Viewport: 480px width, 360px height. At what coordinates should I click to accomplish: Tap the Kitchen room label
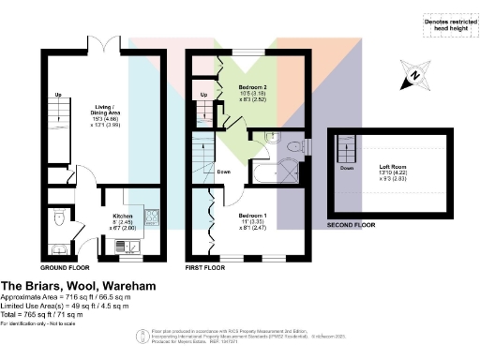tap(122, 218)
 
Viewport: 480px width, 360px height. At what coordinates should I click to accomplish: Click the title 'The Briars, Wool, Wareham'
tap(77, 284)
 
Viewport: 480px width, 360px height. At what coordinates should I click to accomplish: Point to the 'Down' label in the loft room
tap(346, 168)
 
